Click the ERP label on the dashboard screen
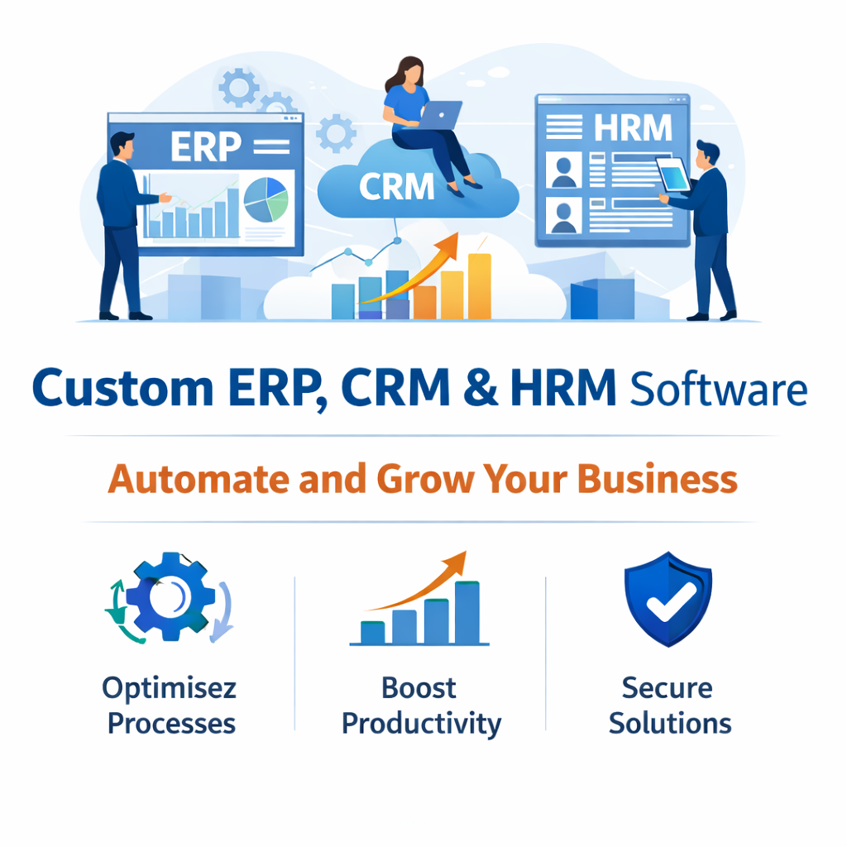pyautogui.click(x=206, y=146)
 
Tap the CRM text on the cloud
pyautogui.click(x=396, y=187)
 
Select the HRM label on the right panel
pyautogui.click(x=633, y=127)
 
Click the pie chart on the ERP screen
pyautogui.click(x=266, y=199)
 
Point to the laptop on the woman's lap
pyautogui.click(x=440, y=115)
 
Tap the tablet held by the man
pyautogui.click(x=673, y=175)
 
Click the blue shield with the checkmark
pyautogui.click(x=668, y=599)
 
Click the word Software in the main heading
pyautogui.click(x=719, y=390)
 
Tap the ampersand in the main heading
pyautogui.click(x=481, y=387)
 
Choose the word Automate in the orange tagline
pyautogui.click(x=199, y=480)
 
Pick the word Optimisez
pyautogui.click(x=169, y=688)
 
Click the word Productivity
pyautogui.click(x=421, y=725)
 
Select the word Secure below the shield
pyautogui.click(x=668, y=688)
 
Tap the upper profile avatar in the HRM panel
pyautogui.click(x=563, y=169)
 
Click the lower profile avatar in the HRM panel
pyautogui.click(x=563, y=215)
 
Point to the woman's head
pyautogui.click(x=410, y=73)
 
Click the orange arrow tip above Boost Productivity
pyautogui.click(x=465, y=553)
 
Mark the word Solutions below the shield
pyautogui.click(x=670, y=723)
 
